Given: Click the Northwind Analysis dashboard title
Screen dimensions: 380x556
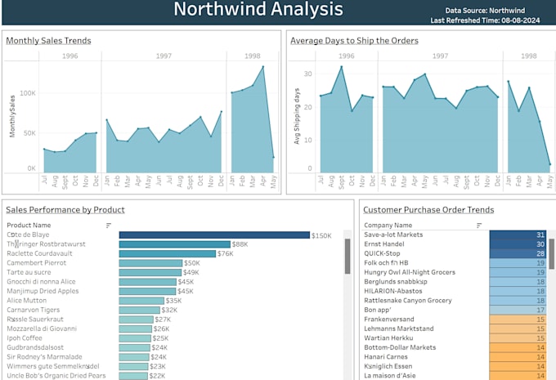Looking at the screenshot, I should coord(258,11).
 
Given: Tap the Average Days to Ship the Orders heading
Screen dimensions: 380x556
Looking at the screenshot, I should coord(354,41).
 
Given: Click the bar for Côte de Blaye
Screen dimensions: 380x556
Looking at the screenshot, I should coord(214,235).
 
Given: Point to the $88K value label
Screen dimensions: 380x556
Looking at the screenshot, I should coord(240,244).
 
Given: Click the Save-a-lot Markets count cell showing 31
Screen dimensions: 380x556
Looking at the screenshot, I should coord(518,235).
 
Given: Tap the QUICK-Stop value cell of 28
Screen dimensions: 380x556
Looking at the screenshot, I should coord(518,253).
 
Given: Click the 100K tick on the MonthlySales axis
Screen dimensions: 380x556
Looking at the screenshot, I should coord(27,93).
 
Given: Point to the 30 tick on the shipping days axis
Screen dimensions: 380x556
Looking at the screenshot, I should coord(308,74).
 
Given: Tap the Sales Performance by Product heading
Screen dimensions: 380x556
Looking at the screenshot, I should coord(65,210).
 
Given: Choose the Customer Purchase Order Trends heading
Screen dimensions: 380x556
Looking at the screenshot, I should coord(428,210).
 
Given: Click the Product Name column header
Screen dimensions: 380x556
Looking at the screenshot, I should coord(29,225).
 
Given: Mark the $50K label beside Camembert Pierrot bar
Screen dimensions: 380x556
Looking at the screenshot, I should coord(192,263).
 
